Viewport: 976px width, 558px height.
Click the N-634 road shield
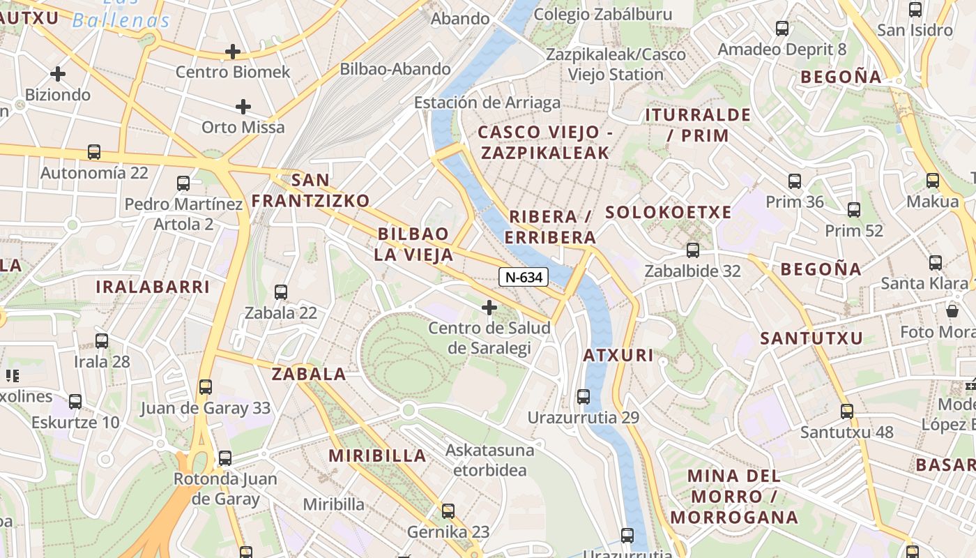tap(524, 277)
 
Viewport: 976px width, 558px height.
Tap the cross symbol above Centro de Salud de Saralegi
tap(489, 307)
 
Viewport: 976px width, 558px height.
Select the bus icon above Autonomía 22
tap(93, 152)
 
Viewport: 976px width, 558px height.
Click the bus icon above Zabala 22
tap(281, 292)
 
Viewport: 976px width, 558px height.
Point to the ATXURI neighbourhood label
tap(618, 355)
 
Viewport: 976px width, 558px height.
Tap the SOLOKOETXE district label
tap(668, 212)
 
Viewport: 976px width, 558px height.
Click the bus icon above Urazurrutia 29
tap(584, 397)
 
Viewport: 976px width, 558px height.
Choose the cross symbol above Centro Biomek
tap(233, 52)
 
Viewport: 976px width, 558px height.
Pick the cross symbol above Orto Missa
tap(243, 107)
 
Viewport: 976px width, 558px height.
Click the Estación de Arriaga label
tap(487, 103)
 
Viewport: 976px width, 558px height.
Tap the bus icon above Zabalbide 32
tap(692, 250)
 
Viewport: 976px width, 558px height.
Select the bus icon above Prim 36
tap(794, 181)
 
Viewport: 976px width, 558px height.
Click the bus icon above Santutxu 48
tap(846, 412)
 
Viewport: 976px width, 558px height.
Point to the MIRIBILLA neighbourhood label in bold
tap(376, 456)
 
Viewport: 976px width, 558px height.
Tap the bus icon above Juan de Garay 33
tap(205, 387)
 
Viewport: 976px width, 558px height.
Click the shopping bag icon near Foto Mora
tap(952, 310)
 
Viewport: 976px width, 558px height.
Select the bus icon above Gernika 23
tap(448, 511)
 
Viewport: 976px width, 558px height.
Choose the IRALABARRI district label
tap(153, 287)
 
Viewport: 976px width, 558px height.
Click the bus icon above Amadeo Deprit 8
tap(782, 29)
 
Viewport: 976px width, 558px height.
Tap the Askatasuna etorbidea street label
tap(489, 460)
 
